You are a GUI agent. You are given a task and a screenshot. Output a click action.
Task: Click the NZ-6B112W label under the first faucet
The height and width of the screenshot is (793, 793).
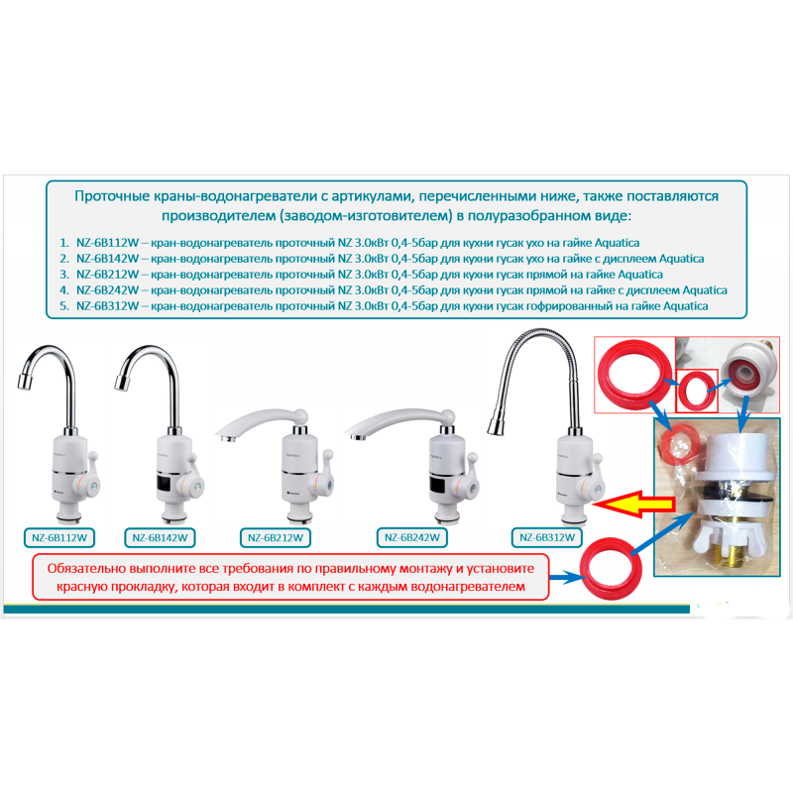pyautogui.click(x=59, y=537)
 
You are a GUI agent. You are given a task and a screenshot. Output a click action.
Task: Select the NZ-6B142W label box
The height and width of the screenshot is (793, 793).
pyautogui.click(x=160, y=537)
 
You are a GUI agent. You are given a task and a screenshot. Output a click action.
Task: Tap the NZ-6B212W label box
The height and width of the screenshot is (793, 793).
pyautogui.click(x=276, y=537)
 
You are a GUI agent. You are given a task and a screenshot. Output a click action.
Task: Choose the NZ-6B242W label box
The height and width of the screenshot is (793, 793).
pyautogui.click(x=412, y=537)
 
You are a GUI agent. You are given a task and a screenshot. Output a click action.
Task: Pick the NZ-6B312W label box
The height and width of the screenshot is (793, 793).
pyautogui.click(x=547, y=537)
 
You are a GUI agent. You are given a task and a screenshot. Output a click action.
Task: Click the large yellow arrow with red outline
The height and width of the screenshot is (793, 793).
pyautogui.click(x=634, y=504)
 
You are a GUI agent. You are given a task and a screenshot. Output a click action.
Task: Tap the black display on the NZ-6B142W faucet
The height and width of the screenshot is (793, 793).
pyautogui.click(x=168, y=484)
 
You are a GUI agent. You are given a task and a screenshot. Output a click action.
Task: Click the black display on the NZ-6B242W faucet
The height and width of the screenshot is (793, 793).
pyautogui.click(x=440, y=485)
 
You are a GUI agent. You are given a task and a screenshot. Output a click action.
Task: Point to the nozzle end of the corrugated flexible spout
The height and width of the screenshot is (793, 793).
pyautogui.click(x=495, y=426)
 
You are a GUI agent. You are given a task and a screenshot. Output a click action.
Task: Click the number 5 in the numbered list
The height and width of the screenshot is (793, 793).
pyautogui.click(x=63, y=306)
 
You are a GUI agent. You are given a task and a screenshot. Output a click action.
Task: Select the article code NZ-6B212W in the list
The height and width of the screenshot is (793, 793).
pyautogui.click(x=107, y=275)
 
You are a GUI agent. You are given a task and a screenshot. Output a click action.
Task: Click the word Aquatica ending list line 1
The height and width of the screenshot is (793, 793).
pyautogui.click(x=617, y=243)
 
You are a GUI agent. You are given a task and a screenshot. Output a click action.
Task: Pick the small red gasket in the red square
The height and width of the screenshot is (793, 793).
pyautogui.click(x=697, y=391)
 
